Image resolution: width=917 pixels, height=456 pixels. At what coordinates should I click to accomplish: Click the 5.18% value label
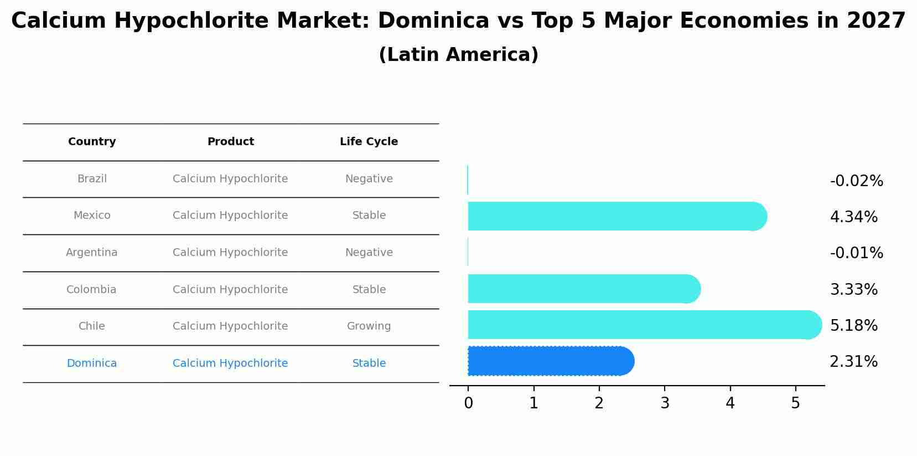point(853,325)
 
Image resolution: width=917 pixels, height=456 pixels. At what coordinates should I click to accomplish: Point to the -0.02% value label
point(856,181)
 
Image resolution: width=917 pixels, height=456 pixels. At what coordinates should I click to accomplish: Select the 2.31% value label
point(853,362)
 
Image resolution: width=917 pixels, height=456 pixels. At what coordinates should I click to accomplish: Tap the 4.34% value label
point(853,217)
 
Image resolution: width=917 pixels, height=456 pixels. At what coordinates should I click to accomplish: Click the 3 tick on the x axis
point(665,403)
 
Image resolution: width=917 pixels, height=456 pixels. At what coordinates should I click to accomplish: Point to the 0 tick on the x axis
point(468,403)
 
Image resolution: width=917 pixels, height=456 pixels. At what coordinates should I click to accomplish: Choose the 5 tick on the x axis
point(795,403)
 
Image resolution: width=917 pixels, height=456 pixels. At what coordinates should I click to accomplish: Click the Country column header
point(92,142)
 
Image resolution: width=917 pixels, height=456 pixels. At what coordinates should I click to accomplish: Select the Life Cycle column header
point(369,142)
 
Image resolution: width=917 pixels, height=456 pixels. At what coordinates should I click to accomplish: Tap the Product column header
point(230,142)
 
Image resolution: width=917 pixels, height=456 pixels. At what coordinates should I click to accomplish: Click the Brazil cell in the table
point(92,179)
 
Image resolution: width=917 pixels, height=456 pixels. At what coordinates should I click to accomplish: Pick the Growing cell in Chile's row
point(369,326)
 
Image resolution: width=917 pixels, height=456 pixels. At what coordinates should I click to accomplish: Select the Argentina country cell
point(92,253)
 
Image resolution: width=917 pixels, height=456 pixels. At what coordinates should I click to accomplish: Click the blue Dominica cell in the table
point(92,363)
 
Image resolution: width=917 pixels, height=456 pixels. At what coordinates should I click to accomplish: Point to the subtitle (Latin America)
point(458,55)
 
